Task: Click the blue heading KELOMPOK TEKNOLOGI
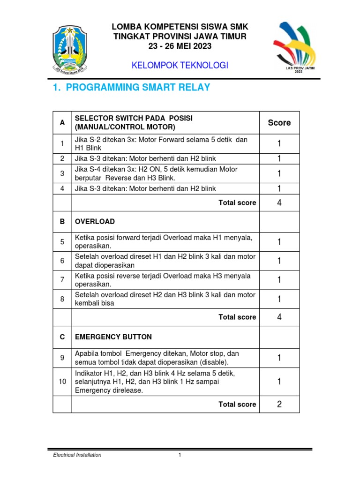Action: click(180, 66)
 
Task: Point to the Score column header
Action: click(279, 123)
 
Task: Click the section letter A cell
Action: click(62, 123)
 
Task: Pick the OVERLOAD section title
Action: click(95, 221)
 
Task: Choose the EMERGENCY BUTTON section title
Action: click(113, 337)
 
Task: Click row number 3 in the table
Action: click(62, 173)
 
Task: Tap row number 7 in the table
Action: click(62, 280)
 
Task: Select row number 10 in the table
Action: click(62, 382)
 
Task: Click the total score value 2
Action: click(279, 404)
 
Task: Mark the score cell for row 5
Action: click(279, 242)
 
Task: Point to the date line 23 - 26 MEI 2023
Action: click(180, 46)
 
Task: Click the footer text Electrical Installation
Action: click(77, 455)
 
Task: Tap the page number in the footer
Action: click(180, 455)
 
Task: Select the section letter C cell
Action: click(62, 337)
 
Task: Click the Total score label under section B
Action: click(237, 317)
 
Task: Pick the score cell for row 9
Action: click(279, 358)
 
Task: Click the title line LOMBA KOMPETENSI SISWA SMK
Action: click(180, 26)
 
